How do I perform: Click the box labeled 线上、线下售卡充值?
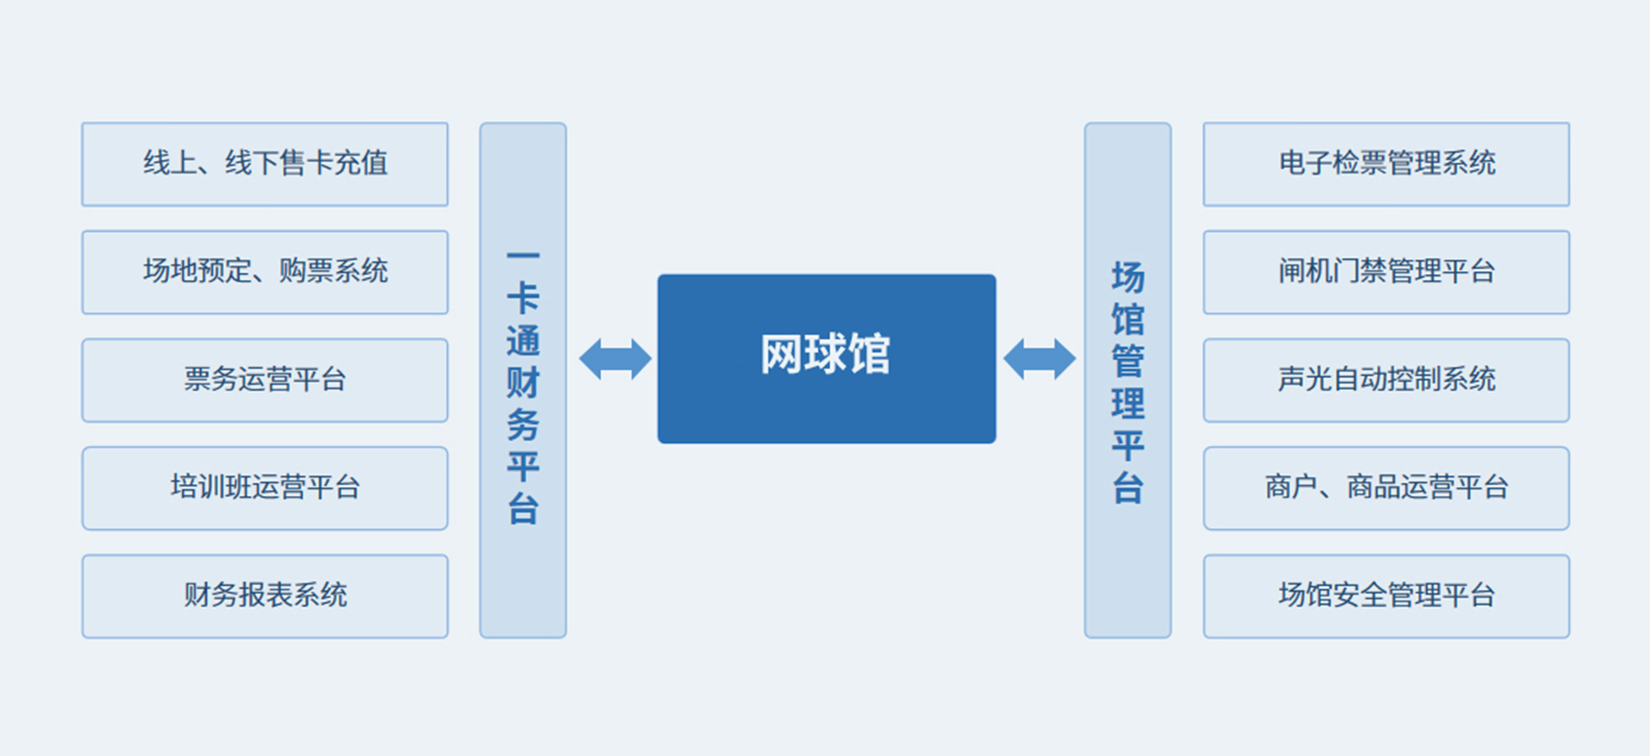(x=265, y=164)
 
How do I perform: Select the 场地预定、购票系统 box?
(x=265, y=272)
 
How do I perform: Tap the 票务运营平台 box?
(x=265, y=380)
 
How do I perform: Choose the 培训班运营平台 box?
(x=265, y=488)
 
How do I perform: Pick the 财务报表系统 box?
(x=265, y=596)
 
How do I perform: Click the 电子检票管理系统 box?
(x=1387, y=164)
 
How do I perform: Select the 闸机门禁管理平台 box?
(x=1387, y=272)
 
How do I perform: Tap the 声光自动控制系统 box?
(x=1387, y=380)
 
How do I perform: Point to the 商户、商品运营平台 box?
(x=1387, y=488)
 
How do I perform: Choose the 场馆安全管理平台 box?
(x=1387, y=596)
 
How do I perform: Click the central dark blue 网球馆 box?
(x=827, y=358)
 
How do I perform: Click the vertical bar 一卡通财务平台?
(x=523, y=380)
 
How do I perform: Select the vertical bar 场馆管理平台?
(x=1128, y=380)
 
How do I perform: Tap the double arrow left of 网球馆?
(x=615, y=359)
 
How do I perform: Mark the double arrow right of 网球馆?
(x=1040, y=359)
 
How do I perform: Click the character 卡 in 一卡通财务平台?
(x=523, y=299)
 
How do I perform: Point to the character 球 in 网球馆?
(x=826, y=355)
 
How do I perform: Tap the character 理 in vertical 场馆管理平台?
(x=1128, y=403)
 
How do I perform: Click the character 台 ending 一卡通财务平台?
(x=523, y=508)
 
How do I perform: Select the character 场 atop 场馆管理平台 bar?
(x=1128, y=278)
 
